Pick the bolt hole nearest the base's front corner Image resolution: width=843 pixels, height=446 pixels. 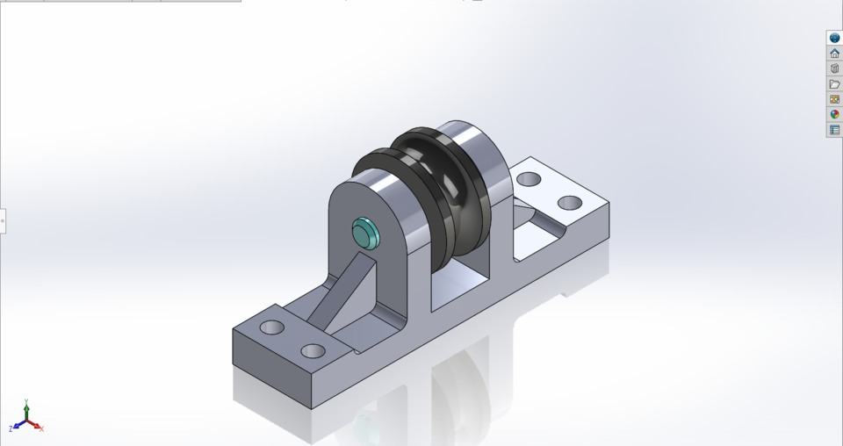(313, 351)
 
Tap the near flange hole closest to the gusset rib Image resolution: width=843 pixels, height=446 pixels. (272, 327)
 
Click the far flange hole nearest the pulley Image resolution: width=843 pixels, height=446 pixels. (528, 179)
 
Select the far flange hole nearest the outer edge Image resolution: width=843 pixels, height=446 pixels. (570, 203)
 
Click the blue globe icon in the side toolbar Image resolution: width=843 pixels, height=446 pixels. (834, 38)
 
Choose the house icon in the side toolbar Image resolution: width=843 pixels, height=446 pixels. (834, 54)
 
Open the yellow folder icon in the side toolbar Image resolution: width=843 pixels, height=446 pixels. (834, 84)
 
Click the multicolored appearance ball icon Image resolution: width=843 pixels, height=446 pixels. (834, 114)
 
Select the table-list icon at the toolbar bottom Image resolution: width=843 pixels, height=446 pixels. (834, 130)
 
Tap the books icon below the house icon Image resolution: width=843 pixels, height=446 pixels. (834, 68)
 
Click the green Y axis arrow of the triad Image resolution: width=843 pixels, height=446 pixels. (26, 408)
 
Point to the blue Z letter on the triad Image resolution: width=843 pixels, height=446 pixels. (11, 428)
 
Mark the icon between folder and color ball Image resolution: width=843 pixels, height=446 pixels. (834, 99)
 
